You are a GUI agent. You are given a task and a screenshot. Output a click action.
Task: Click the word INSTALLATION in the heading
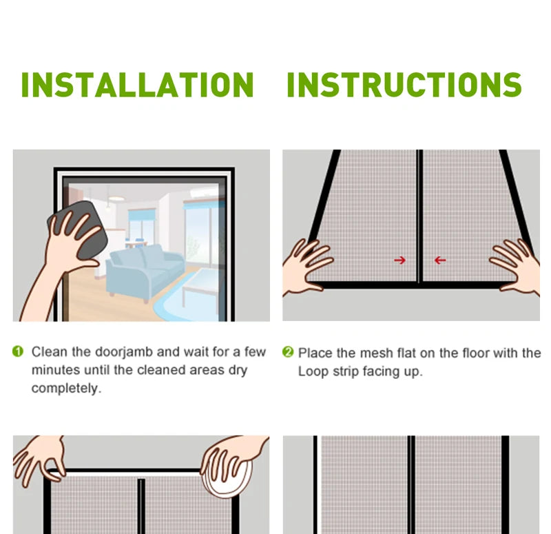(x=137, y=85)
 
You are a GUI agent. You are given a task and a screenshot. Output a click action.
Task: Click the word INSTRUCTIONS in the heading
(x=404, y=85)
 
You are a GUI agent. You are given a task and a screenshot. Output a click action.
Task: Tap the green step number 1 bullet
(x=19, y=352)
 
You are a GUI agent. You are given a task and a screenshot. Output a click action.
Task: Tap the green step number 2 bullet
(x=288, y=353)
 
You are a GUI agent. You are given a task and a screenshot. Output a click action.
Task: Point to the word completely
(x=66, y=389)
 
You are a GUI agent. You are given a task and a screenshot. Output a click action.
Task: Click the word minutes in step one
(x=55, y=370)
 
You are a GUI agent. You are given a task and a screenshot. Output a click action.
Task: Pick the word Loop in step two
(x=313, y=371)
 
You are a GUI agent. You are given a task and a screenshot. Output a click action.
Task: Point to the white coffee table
(x=202, y=286)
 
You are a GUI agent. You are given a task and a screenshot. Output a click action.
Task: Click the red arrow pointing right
(x=399, y=260)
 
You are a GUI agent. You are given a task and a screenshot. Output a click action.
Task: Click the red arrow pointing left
(x=439, y=260)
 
